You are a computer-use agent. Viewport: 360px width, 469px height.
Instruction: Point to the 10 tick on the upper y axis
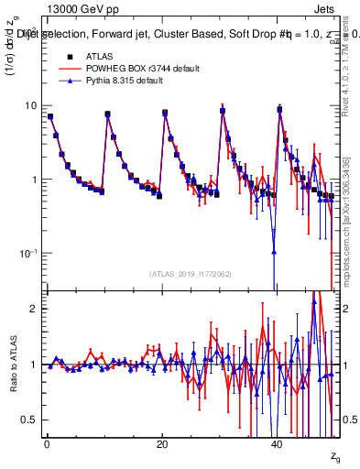[31, 105]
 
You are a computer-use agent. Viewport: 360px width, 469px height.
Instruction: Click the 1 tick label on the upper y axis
[35, 180]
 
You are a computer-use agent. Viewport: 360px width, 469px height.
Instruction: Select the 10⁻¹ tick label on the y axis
[29, 253]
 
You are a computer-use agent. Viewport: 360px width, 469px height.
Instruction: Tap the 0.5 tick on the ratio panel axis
[31, 420]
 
